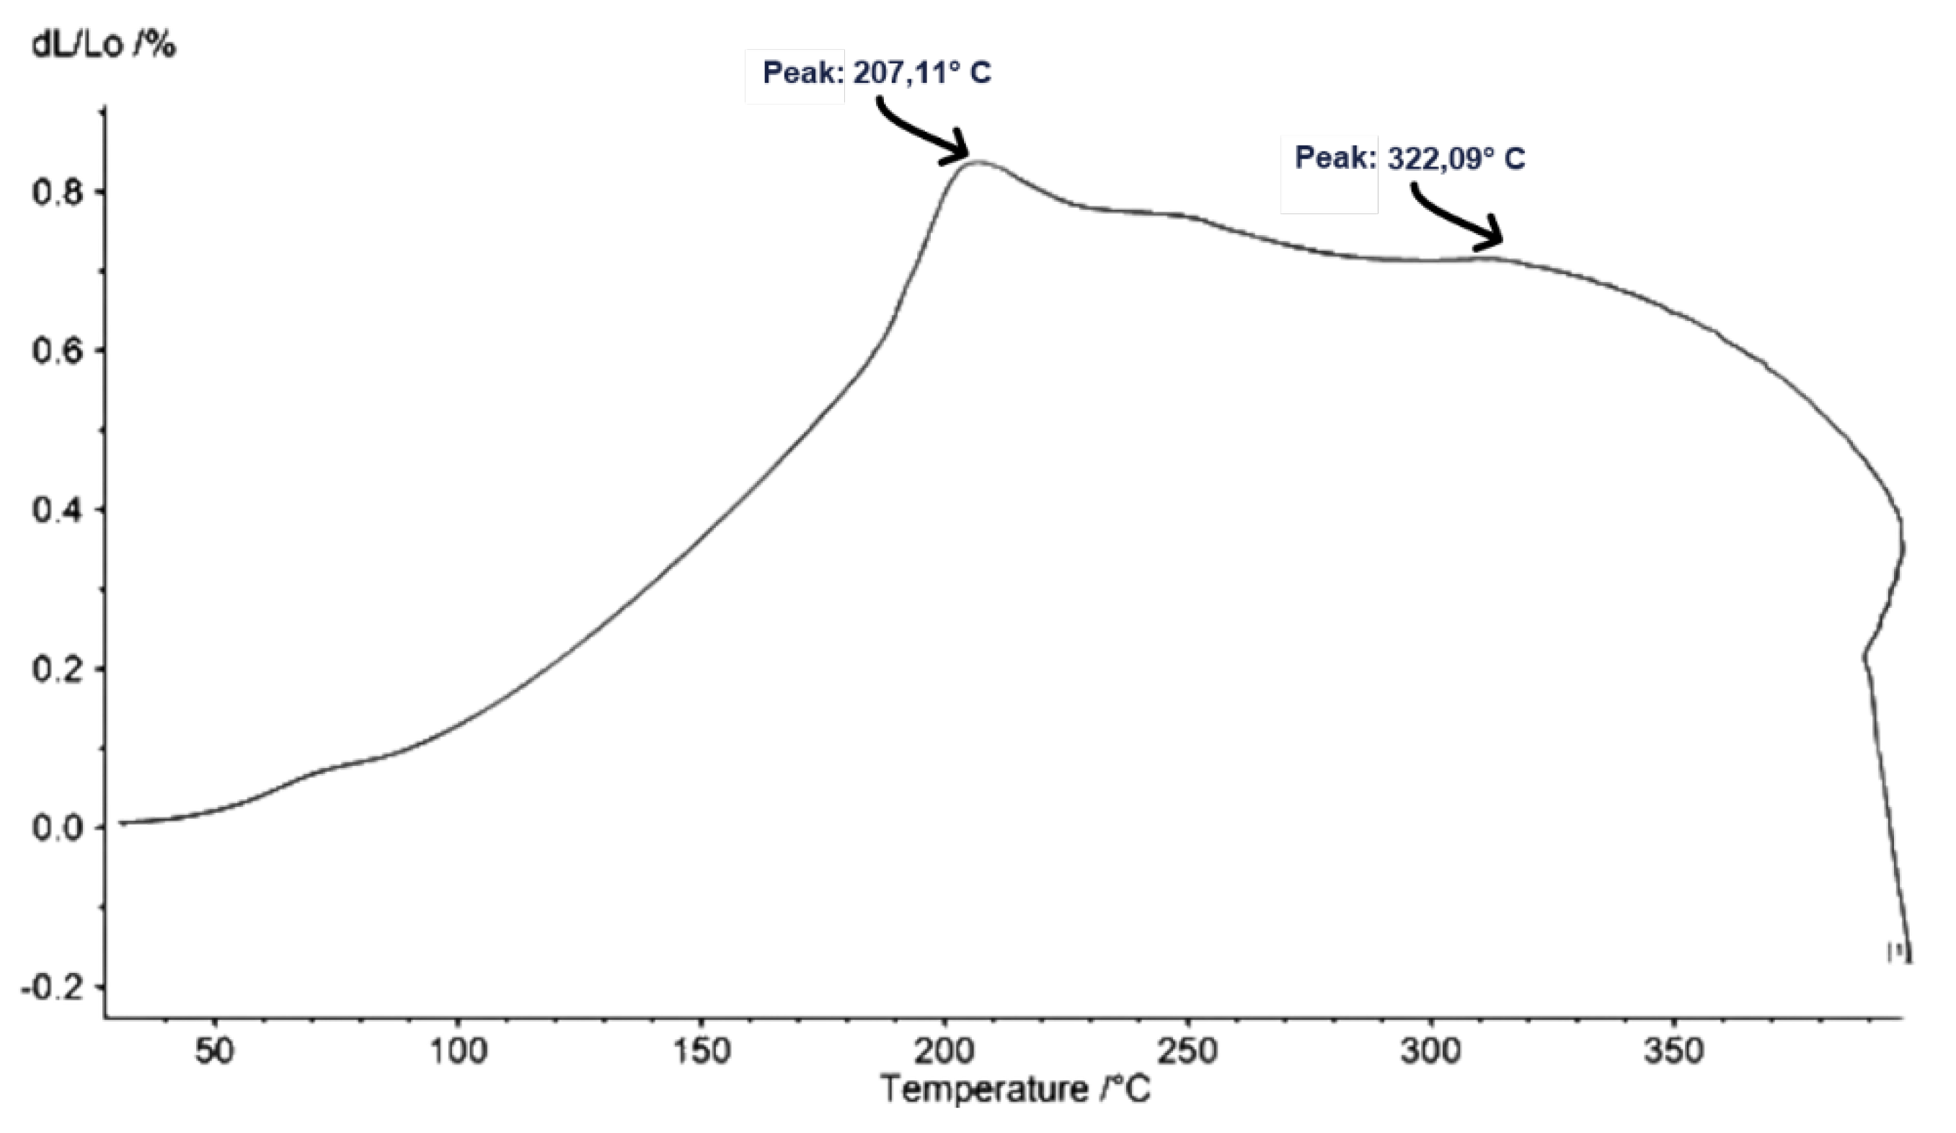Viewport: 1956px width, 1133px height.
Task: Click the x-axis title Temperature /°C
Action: pyautogui.click(x=1016, y=1090)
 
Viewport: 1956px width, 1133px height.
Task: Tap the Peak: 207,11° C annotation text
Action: pyautogui.click(x=877, y=74)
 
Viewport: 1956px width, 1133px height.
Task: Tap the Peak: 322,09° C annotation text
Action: pyautogui.click(x=1410, y=159)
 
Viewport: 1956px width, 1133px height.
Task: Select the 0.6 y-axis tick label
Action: pyautogui.click(x=56, y=351)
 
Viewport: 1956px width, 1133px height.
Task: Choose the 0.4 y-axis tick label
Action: pyautogui.click(x=56, y=509)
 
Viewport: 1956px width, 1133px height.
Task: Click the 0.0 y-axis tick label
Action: pyautogui.click(x=56, y=827)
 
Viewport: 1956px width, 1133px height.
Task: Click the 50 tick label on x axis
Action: pyautogui.click(x=215, y=1052)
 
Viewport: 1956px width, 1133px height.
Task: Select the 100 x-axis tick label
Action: pyautogui.click(x=458, y=1052)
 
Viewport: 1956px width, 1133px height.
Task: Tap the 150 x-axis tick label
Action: pyautogui.click(x=702, y=1052)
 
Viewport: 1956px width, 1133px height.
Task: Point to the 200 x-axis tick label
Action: pyautogui.click(x=944, y=1052)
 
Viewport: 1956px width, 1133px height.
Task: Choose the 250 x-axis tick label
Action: pyautogui.click(x=1187, y=1052)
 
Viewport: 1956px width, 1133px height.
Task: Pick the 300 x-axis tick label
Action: pyautogui.click(x=1431, y=1052)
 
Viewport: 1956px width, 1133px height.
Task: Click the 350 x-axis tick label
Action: pyautogui.click(x=1674, y=1052)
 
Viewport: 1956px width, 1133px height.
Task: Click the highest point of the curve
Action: pyautogui.click(x=976, y=162)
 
